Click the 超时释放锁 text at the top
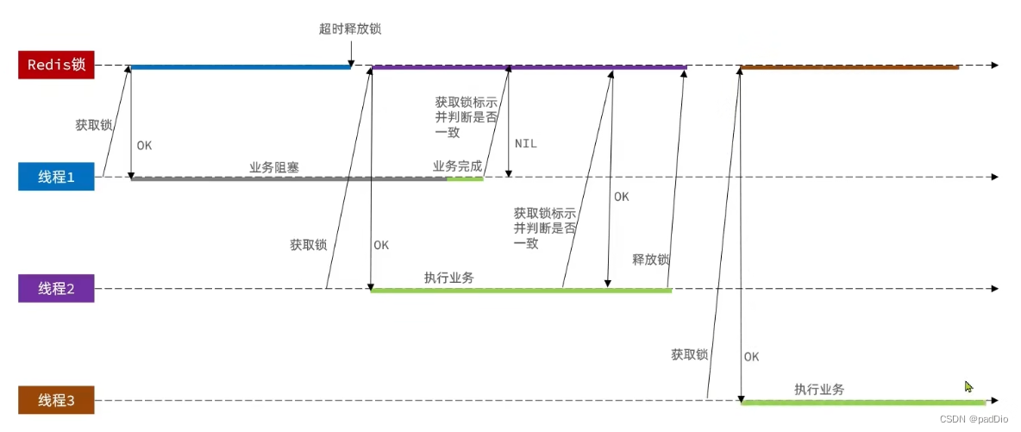coord(350,28)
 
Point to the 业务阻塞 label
coord(274,167)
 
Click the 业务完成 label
coord(457,166)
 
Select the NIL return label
coord(525,143)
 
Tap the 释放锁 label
coord(651,259)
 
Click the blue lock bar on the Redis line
coord(240,66)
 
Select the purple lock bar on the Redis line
coord(528,66)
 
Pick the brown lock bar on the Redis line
coord(849,66)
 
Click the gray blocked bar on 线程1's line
coord(289,178)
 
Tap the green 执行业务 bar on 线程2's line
coord(521,291)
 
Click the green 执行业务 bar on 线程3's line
coord(862,403)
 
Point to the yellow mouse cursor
coord(968,387)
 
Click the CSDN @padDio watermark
coord(974,419)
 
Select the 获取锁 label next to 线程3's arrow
coord(689,354)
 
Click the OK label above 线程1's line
coord(144,145)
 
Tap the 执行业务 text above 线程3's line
coord(819,390)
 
